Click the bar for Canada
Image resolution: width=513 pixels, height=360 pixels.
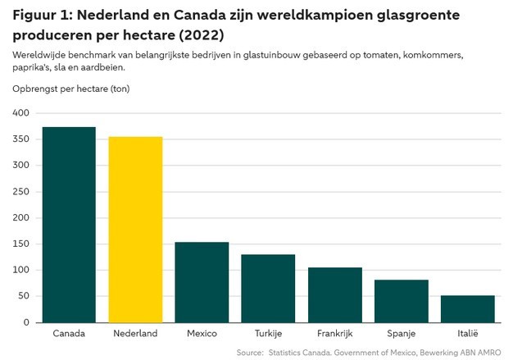pos(69,225)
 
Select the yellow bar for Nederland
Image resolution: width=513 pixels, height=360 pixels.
pos(135,230)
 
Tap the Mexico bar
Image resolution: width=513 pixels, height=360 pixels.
pos(202,282)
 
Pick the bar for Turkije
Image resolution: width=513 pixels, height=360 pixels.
pos(268,289)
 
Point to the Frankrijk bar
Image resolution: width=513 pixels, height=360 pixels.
pos(334,295)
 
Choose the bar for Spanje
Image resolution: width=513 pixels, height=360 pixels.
pos(401,301)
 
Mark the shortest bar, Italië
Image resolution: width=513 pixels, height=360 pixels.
pos(467,309)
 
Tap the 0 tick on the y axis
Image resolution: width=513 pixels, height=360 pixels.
pos(26,322)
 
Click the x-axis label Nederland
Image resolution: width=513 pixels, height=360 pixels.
pos(135,334)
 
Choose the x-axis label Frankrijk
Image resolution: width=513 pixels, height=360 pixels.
pos(334,334)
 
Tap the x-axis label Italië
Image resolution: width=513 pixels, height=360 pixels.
pos(467,334)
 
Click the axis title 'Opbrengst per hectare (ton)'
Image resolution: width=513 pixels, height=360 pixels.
pos(71,88)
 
